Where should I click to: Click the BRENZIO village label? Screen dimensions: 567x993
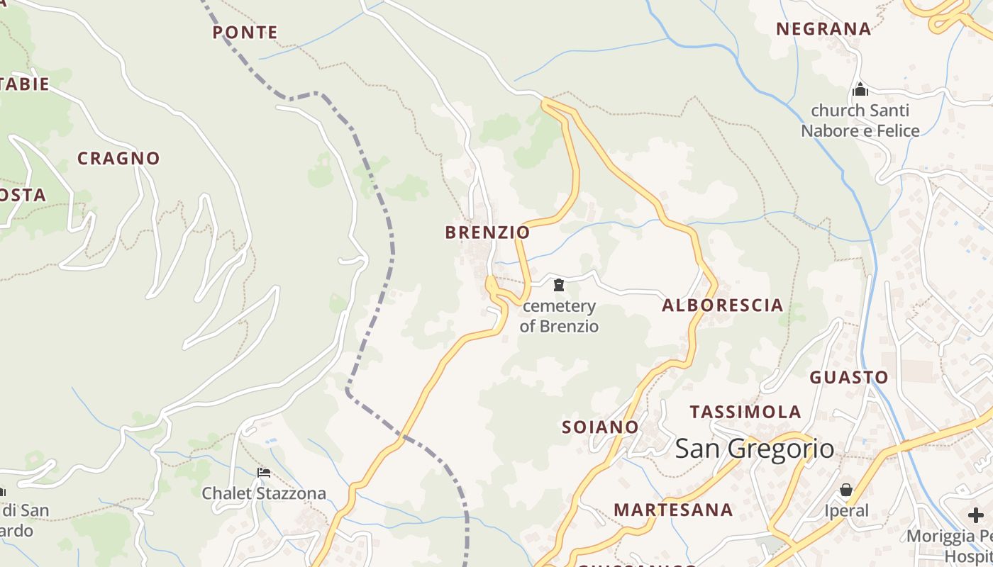click(487, 232)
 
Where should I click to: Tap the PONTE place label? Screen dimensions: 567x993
click(245, 33)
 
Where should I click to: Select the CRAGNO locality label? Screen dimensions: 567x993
click(118, 159)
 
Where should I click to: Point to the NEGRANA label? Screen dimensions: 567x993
click(823, 29)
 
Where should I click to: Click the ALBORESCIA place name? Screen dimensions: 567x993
click(722, 305)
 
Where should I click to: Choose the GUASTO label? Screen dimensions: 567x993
click(849, 377)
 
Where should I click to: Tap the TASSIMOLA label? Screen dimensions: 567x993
click(745, 412)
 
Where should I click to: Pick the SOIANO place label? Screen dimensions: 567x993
click(600, 427)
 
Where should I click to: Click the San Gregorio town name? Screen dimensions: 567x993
click(755, 449)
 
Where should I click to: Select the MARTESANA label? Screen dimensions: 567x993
click(673, 510)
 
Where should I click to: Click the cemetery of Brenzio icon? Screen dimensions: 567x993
click(559, 286)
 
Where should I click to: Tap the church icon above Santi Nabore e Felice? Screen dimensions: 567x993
click(860, 90)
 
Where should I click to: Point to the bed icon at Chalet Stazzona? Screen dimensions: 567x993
click(264, 473)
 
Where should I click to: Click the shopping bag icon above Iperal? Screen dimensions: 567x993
click(846, 490)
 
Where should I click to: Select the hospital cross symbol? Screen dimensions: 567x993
click(976, 515)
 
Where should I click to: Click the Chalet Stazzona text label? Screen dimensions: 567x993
click(264, 493)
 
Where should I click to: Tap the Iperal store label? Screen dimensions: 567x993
click(846, 511)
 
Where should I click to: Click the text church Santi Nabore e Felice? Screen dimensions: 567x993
click(860, 120)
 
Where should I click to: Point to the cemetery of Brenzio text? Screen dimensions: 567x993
click(559, 316)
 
